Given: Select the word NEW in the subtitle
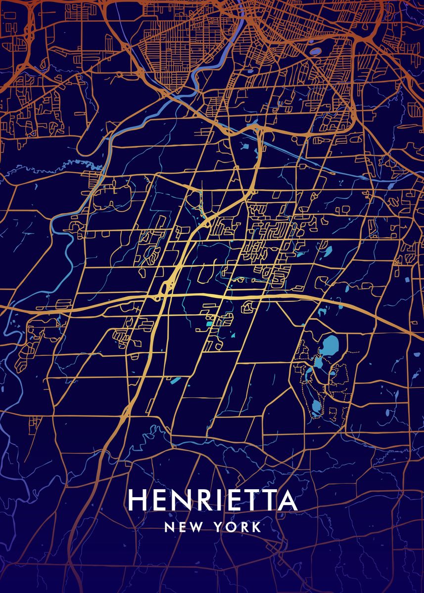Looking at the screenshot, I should (183, 527).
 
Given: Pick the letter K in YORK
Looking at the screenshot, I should (256, 527).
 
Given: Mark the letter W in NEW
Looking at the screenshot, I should (196, 527).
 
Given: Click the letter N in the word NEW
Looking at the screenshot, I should (169, 527).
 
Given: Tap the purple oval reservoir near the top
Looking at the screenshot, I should (316, 51).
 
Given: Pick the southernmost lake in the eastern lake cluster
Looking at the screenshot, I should (315, 407).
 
